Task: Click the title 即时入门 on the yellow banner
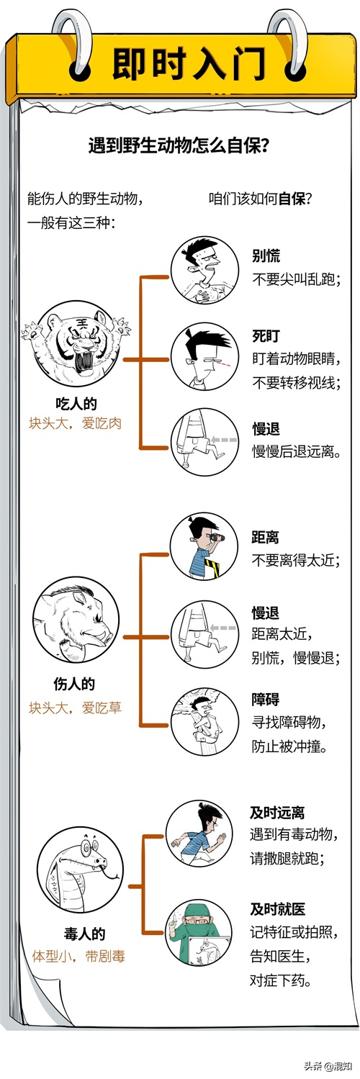coord(189,63)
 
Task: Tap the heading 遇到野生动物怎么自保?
coord(179,145)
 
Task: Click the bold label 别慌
coord(266,256)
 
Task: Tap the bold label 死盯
coord(266,335)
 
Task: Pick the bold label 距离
coord(265,537)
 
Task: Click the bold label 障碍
coord(265,699)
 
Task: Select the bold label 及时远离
coord(277,813)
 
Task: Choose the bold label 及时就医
coord(278,909)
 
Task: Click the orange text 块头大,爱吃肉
coord(75,423)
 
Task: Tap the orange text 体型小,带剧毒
coord(78,956)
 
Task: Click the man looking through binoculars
coord(204,546)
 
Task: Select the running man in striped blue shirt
coord(199,834)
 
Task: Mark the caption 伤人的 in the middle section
coord(74,684)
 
